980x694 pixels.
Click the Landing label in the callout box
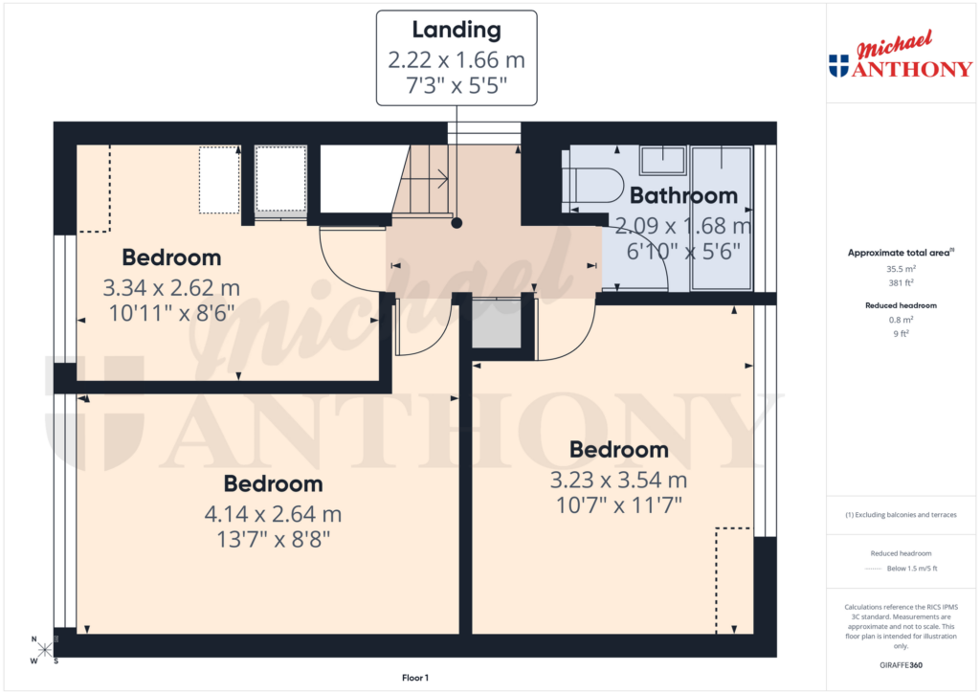[457, 30]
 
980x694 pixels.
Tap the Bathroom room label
[683, 196]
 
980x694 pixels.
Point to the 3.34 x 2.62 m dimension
[171, 287]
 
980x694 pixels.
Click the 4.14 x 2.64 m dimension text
[273, 514]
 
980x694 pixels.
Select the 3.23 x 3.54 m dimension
[618, 481]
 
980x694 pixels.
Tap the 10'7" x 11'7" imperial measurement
[618, 504]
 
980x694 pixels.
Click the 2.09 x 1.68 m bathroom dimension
[683, 227]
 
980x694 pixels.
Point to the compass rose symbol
[44, 650]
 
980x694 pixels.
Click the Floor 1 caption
[414, 678]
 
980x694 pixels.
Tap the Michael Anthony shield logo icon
[838, 66]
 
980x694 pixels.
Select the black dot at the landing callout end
[457, 223]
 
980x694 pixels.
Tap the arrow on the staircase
[441, 177]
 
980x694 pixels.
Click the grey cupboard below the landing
[497, 326]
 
